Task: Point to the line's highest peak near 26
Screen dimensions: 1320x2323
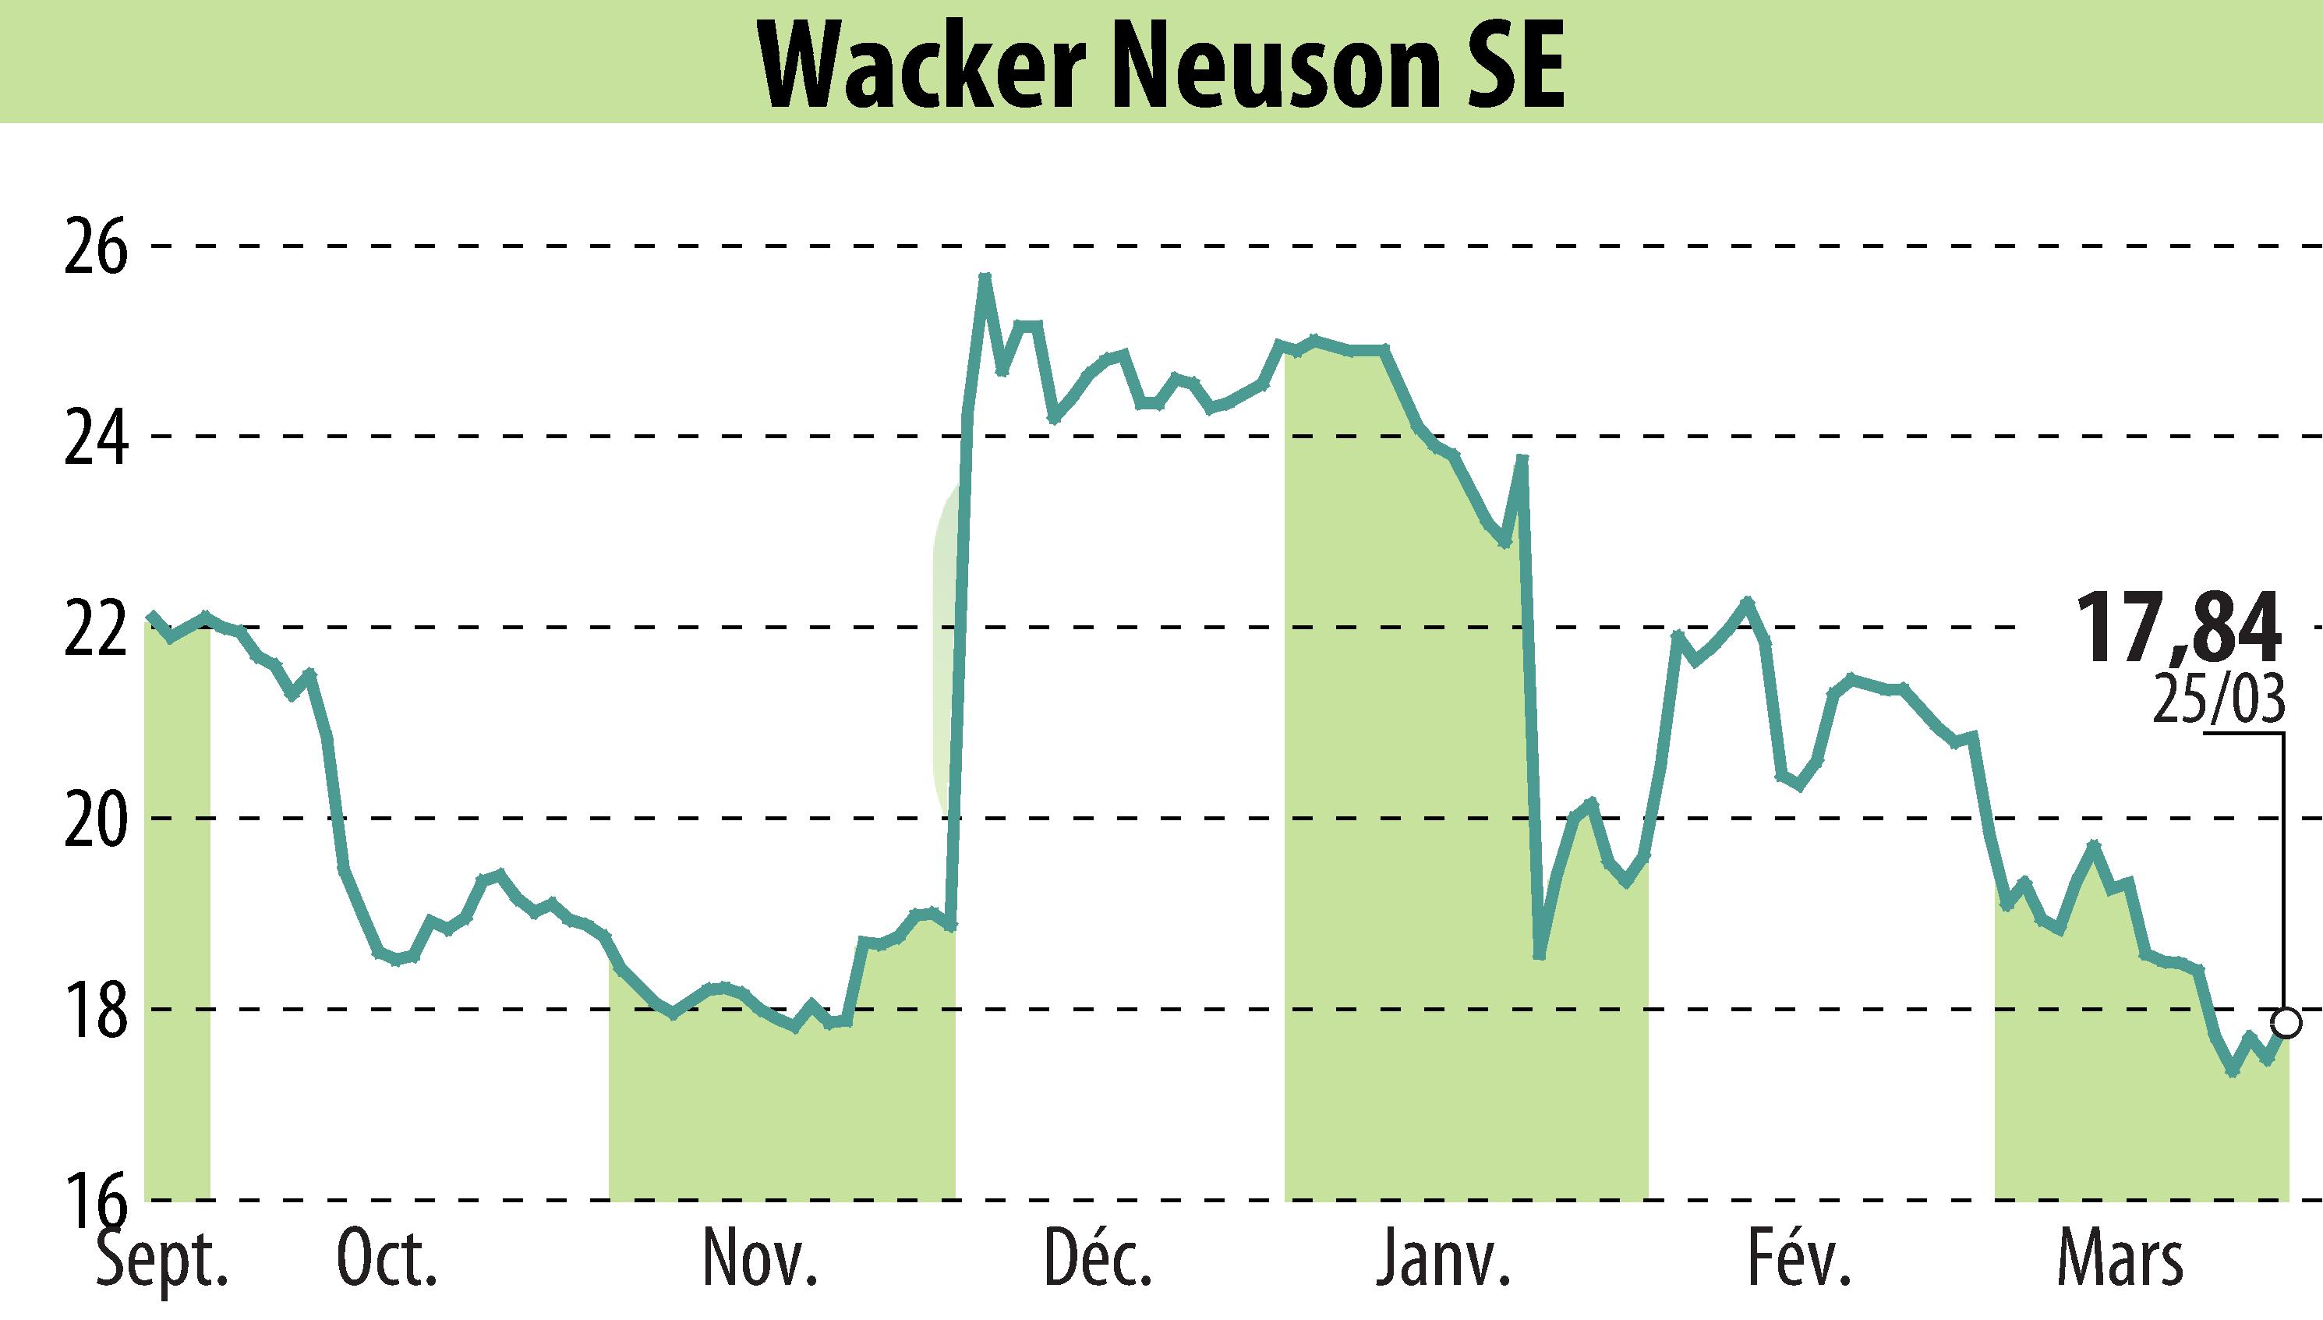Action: (x=985, y=277)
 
